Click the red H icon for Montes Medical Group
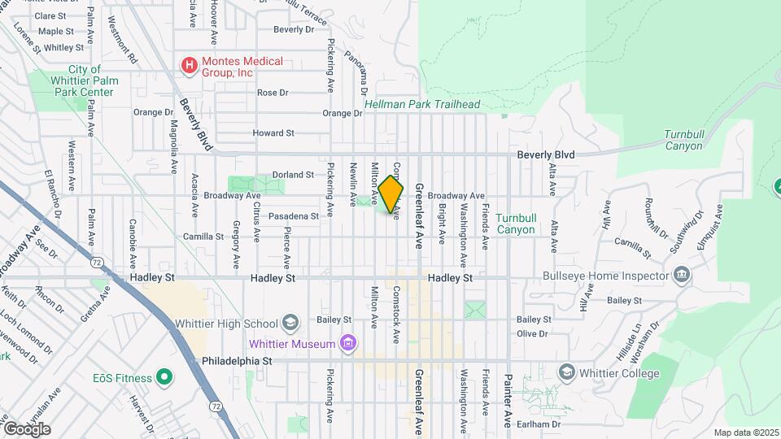(x=189, y=65)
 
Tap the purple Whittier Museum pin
(x=348, y=343)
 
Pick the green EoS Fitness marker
(x=164, y=377)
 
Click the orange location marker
(x=391, y=193)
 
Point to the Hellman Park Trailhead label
(x=422, y=105)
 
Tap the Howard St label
(x=273, y=133)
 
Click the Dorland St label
(x=293, y=175)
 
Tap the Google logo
(x=27, y=428)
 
